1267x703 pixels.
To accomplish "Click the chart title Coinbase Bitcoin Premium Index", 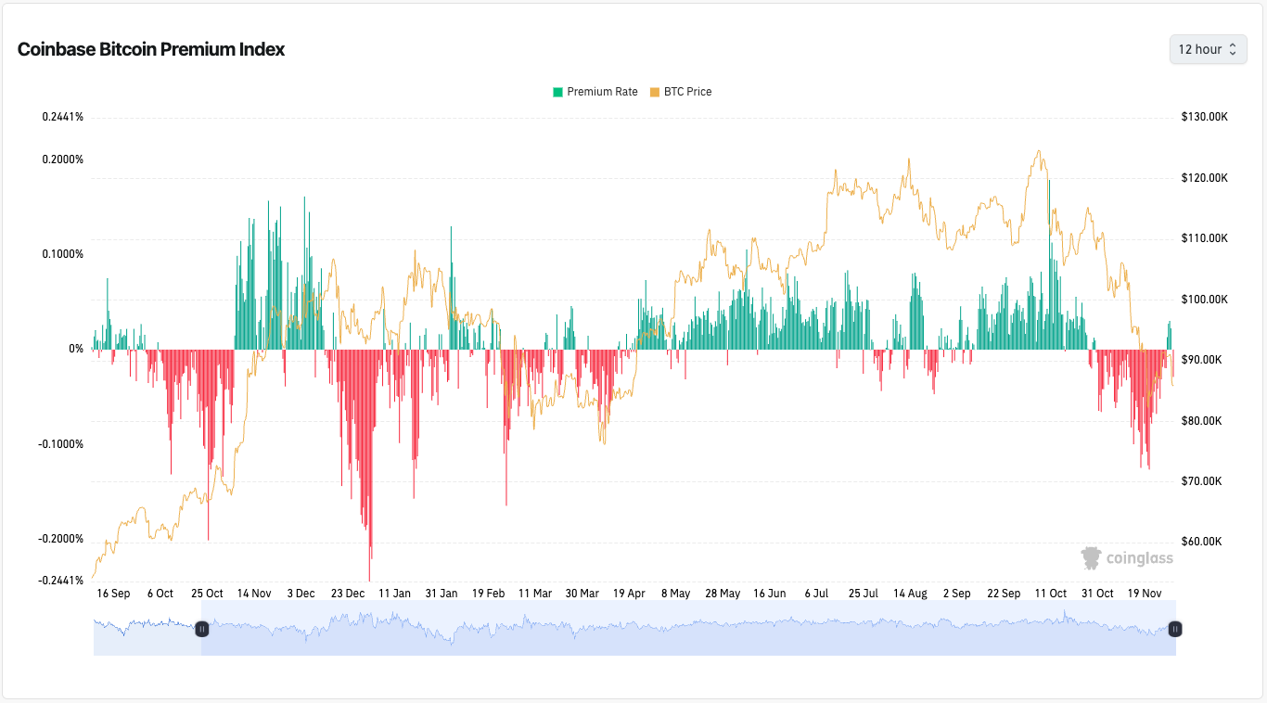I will pyautogui.click(x=151, y=50).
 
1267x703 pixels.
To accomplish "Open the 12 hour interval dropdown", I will pyautogui.click(x=1208, y=49).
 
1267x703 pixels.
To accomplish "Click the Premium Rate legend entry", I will pyautogui.click(x=595, y=92).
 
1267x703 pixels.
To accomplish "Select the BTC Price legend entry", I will pyautogui.click(x=681, y=92).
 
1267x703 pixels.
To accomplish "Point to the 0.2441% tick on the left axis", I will pyautogui.click(x=62, y=117).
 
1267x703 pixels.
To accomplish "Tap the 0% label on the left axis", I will pyautogui.click(x=75, y=349).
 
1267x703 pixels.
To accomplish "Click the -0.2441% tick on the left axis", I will pyautogui.click(x=61, y=581).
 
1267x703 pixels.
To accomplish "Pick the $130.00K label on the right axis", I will pyautogui.click(x=1204, y=117).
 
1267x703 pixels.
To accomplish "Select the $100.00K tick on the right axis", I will pyautogui.click(x=1204, y=300).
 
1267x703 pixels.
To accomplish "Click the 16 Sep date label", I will pyautogui.click(x=113, y=594).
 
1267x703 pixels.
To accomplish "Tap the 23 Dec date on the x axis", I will pyautogui.click(x=348, y=594).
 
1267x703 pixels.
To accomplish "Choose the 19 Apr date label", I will pyautogui.click(x=629, y=594).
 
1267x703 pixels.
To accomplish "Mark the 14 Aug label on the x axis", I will pyautogui.click(x=910, y=594).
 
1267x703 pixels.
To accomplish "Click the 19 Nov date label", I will pyautogui.click(x=1144, y=594).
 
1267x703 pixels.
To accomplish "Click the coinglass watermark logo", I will pyautogui.click(x=1127, y=557).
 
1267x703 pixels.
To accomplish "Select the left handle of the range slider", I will pyautogui.click(x=202, y=629).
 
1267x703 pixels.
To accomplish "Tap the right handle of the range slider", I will pyautogui.click(x=1174, y=629).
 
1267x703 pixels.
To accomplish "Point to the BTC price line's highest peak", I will pyautogui.click(x=1039, y=151).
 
